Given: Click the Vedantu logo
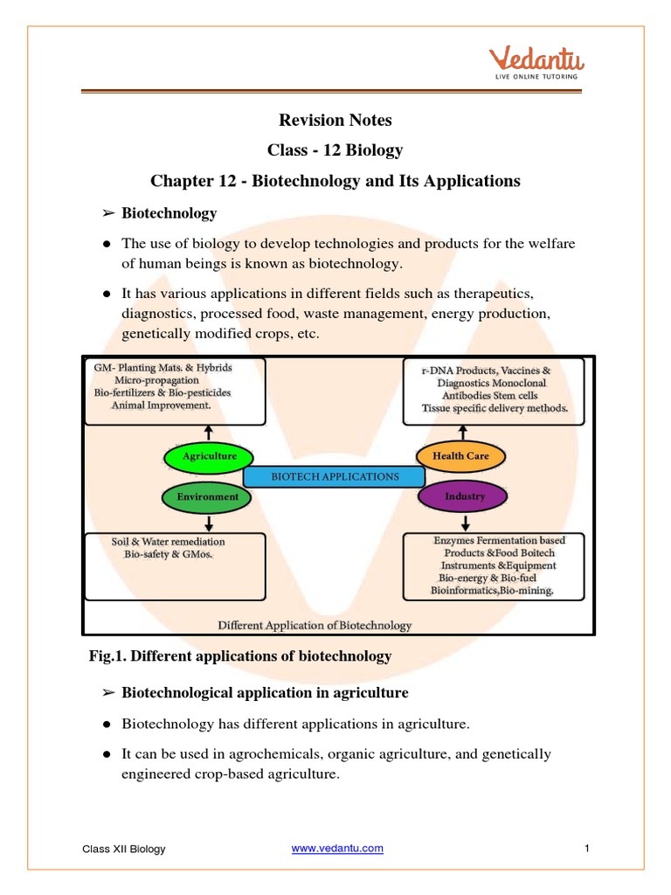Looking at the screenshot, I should [536, 63].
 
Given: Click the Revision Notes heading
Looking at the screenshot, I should [335, 120].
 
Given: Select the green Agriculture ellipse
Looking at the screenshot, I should [209, 456].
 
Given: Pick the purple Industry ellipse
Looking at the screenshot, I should [464, 496].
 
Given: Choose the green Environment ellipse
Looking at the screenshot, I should [207, 496].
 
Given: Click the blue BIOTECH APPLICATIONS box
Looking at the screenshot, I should [335, 476].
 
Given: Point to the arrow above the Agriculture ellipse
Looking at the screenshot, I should [209, 434].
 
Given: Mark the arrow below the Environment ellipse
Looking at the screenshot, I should [209, 522].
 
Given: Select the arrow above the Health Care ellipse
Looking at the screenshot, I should [462, 433].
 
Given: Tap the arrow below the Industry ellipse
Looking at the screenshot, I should [462, 522].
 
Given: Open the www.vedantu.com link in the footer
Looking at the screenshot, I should [336, 849].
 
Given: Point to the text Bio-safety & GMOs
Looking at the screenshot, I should [168, 554].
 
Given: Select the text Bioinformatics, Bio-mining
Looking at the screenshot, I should [493, 591].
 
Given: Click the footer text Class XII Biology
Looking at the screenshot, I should [123, 849].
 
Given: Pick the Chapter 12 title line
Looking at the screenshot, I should [335, 181].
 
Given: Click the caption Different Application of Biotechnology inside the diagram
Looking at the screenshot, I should [315, 625].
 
